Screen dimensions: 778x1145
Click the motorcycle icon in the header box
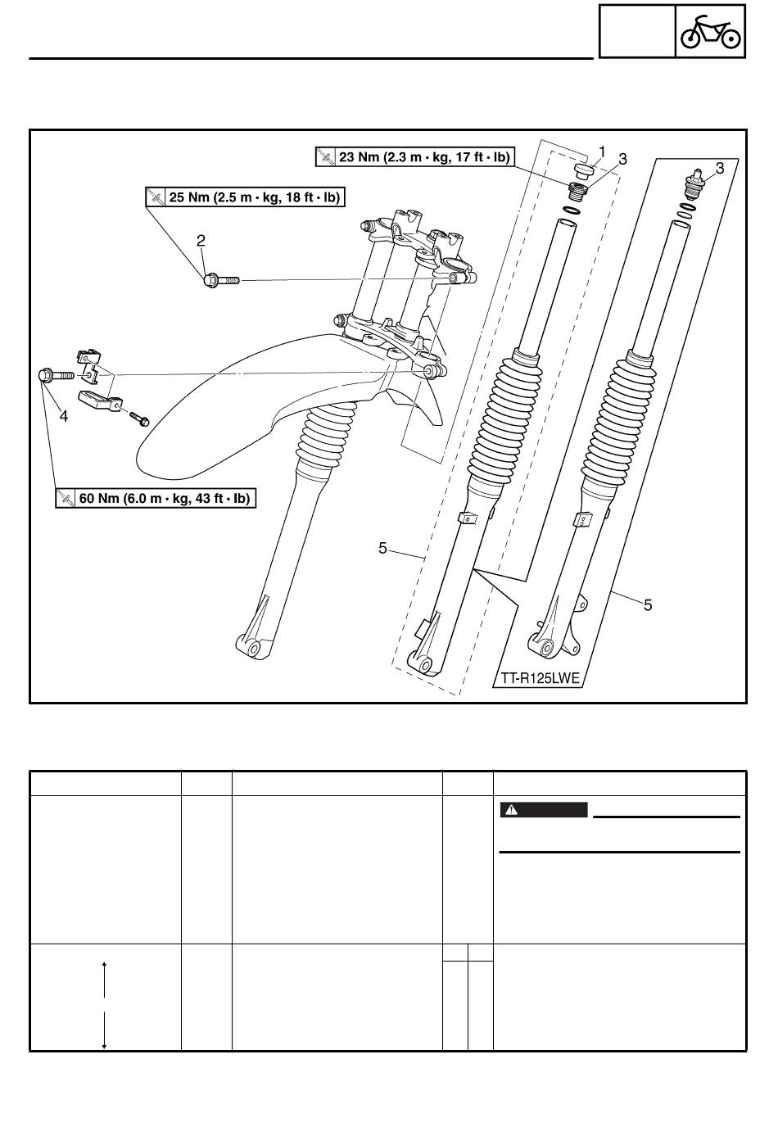(710, 32)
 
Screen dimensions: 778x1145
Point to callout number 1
(602, 152)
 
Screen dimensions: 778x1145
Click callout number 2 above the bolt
(201, 240)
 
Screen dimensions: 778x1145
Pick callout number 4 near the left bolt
(64, 417)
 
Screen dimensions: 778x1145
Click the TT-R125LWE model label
(540, 678)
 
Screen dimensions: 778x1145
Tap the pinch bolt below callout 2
(221, 280)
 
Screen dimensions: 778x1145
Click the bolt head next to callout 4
(45, 375)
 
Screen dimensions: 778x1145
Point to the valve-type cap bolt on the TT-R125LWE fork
(694, 183)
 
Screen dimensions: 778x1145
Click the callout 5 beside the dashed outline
(383, 549)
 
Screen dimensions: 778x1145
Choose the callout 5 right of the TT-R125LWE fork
(648, 605)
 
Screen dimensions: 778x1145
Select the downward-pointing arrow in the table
(104, 1030)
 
